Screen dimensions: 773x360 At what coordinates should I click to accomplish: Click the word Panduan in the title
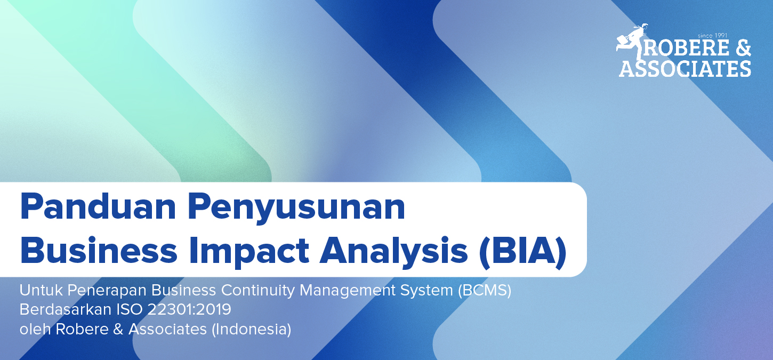tap(98, 206)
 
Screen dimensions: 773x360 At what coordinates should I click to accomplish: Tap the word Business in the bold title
tap(99, 250)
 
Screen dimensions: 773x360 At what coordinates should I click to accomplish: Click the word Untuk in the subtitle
tap(41, 290)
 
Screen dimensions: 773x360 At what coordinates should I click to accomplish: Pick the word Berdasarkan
tap(65, 310)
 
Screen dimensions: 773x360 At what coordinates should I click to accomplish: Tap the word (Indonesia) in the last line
tap(251, 329)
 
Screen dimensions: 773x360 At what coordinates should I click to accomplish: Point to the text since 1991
tap(712, 36)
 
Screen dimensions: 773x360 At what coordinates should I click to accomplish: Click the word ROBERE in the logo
tap(686, 48)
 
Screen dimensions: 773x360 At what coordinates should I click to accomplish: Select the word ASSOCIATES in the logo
tap(685, 69)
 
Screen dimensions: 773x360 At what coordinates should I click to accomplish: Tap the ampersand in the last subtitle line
tap(118, 329)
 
